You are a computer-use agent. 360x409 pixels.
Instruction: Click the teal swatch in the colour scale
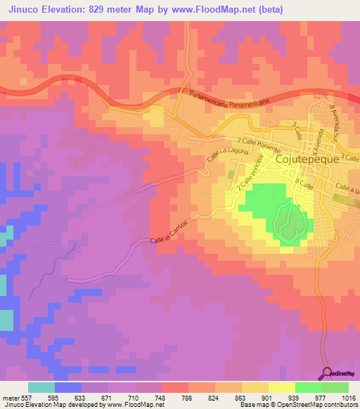click(41, 387)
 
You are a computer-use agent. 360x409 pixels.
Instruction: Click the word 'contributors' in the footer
click(338, 405)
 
